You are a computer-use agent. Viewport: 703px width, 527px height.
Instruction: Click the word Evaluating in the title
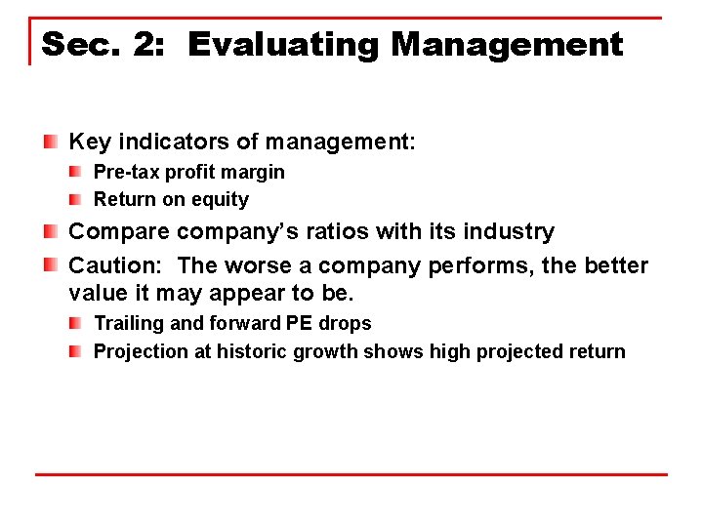[281, 45]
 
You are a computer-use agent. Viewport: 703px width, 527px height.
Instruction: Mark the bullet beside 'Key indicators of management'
[50, 142]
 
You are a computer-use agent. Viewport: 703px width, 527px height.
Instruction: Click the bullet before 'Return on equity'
[75, 200]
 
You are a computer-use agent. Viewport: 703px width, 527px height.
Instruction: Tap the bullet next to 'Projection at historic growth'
[75, 351]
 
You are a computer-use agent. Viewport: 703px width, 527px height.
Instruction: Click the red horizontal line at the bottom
[351, 475]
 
